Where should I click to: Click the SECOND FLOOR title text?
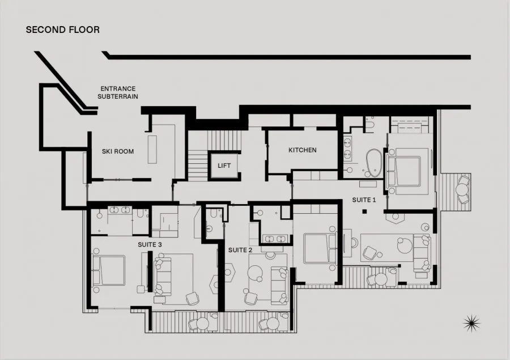[63, 29]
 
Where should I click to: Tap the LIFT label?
[224, 166]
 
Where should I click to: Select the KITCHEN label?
[303, 150]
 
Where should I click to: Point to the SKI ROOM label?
[118, 151]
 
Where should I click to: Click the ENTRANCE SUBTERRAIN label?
[118, 92]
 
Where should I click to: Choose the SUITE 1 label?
[364, 200]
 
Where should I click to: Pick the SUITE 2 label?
[240, 250]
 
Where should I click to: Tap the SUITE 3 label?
[150, 244]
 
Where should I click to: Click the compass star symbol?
[471, 323]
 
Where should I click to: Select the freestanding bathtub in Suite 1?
[374, 163]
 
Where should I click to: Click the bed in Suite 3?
[108, 270]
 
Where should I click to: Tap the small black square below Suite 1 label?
[364, 211]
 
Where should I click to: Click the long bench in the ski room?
[152, 150]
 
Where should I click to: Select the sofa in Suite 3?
[162, 276]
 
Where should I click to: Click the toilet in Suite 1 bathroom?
[369, 124]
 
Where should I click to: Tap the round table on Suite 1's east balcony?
[461, 189]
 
